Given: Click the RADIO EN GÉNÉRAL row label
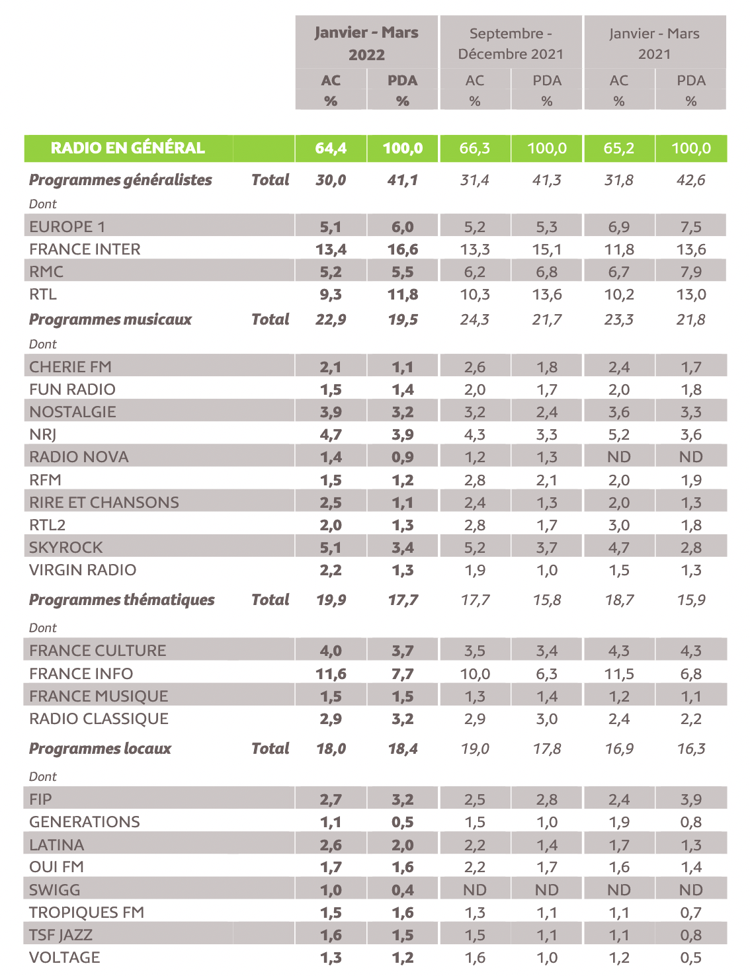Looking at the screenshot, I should [x=128, y=148].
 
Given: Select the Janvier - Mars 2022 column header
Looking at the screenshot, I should [x=366, y=43].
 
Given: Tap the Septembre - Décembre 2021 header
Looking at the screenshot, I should [x=511, y=43].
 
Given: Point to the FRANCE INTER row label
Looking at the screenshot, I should [x=85, y=249].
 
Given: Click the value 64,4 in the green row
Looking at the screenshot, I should [x=331, y=148].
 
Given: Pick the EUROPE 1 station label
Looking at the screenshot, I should [x=67, y=227].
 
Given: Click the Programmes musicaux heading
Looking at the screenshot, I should [x=110, y=319].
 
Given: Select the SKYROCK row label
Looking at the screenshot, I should [x=66, y=548].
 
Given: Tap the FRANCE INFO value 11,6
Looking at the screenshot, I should [x=331, y=674].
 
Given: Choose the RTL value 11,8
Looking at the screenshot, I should [x=403, y=294].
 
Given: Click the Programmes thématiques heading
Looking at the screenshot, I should [x=122, y=600].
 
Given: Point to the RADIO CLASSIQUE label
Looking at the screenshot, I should [x=99, y=719].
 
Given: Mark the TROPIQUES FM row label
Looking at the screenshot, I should [x=87, y=913].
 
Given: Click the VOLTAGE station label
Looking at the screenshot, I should [x=65, y=957].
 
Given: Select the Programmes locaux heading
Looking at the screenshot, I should [x=100, y=749].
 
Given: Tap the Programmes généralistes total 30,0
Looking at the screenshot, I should [x=331, y=180].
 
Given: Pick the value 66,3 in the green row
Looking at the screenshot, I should [x=475, y=148].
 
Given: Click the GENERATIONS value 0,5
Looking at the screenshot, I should [x=403, y=822].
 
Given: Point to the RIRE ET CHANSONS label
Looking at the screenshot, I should [x=104, y=503].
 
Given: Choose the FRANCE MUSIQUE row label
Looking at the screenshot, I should [x=99, y=696].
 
